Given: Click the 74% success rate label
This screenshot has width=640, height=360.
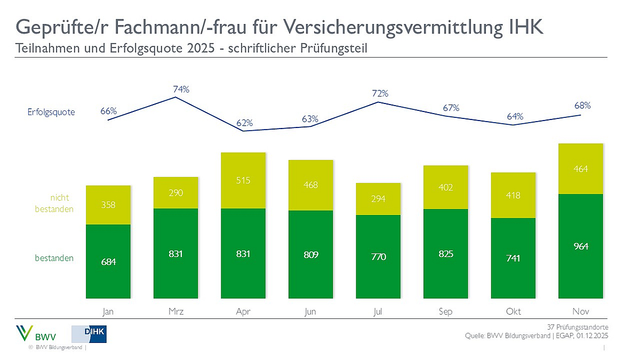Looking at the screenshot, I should [181, 89].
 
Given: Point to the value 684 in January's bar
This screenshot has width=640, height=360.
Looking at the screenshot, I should [108, 262].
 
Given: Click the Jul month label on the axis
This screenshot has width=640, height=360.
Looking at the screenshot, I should [378, 311].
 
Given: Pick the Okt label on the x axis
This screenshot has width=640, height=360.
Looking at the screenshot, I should [513, 311].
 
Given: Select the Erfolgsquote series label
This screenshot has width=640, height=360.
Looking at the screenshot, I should [51, 112].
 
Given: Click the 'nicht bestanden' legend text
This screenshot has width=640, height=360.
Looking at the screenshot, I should [58, 203].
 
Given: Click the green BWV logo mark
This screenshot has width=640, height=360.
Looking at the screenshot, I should [26, 333].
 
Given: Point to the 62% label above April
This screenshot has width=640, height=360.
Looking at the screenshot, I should [245, 123].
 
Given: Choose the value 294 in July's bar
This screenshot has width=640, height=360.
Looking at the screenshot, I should [378, 198].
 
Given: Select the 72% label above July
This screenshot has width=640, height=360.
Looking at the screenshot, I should [380, 93].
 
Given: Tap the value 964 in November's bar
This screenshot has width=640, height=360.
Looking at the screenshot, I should [581, 246].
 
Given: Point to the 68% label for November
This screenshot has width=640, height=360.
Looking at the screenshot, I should [582, 106].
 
